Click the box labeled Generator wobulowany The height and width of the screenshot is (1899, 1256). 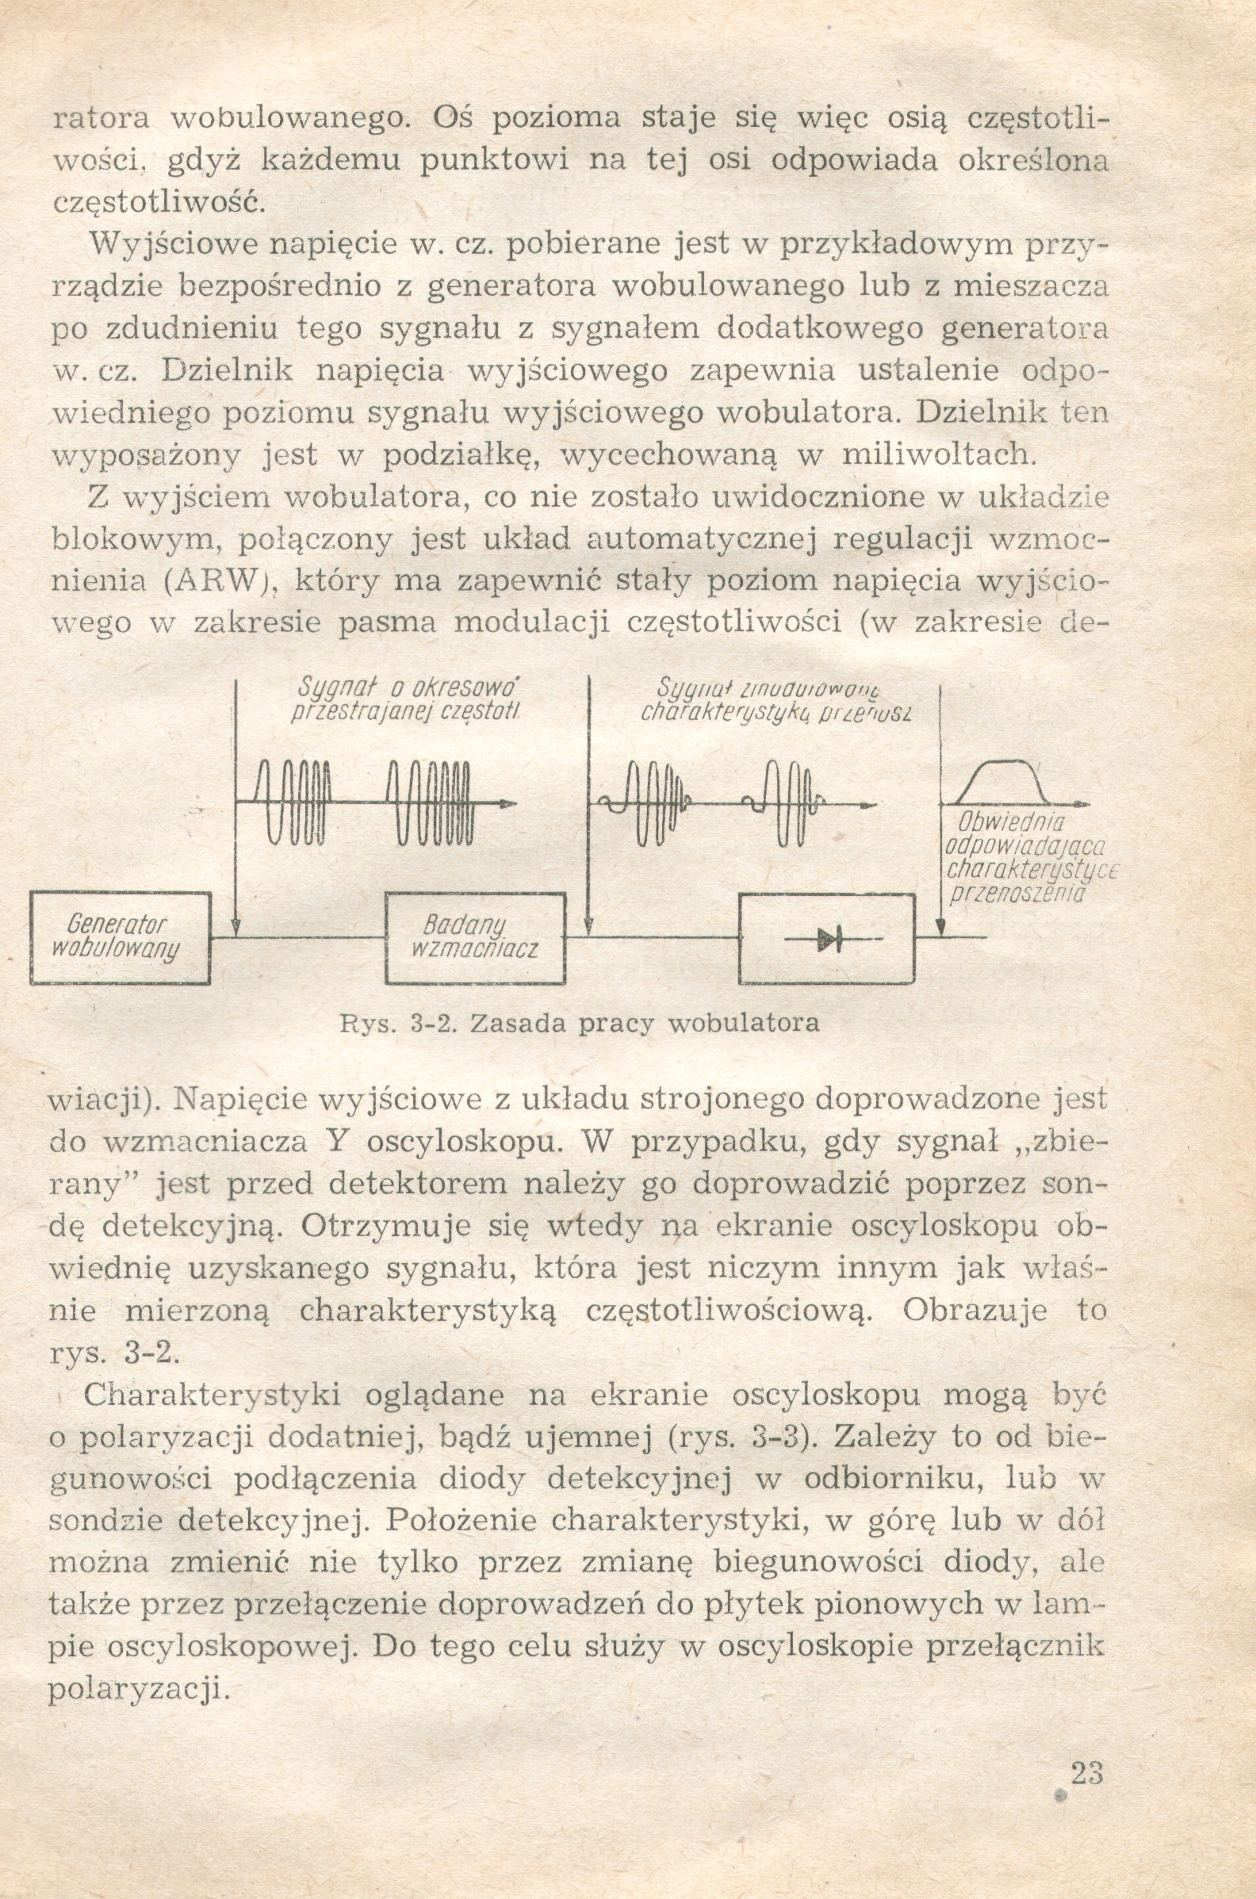click(x=121, y=938)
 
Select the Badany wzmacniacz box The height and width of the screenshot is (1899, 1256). click(x=474, y=938)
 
